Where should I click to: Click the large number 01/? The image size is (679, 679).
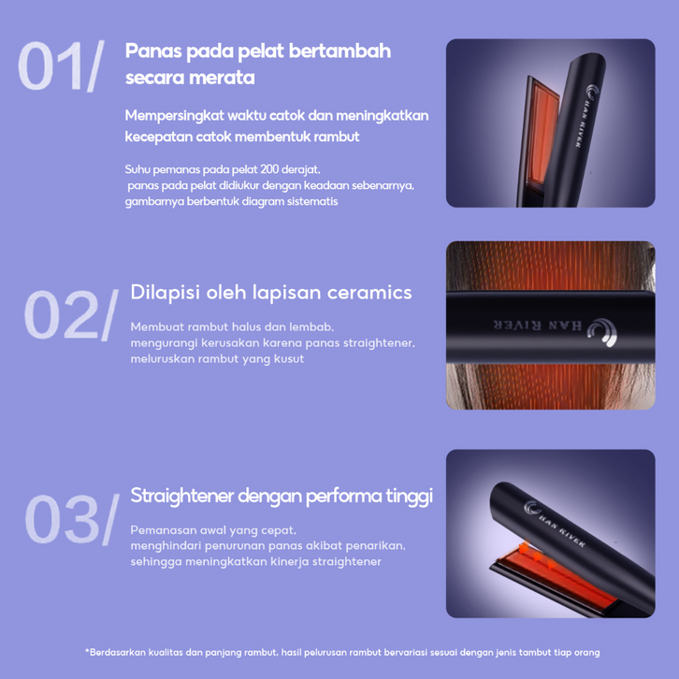click(61, 65)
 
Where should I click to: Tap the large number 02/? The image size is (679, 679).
click(71, 315)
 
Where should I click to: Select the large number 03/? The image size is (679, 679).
click(72, 519)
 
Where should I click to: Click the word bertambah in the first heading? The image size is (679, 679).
click(339, 51)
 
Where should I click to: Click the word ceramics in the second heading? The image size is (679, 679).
click(369, 293)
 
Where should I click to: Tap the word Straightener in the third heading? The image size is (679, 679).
click(181, 496)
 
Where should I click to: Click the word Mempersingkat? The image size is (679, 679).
click(175, 116)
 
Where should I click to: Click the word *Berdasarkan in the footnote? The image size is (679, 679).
click(115, 652)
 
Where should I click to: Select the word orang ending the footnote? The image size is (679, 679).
click(586, 653)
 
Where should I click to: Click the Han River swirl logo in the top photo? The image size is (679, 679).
click(592, 93)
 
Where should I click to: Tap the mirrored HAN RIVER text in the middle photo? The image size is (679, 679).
click(538, 325)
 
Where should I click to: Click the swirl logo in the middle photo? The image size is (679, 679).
click(602, 332)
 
